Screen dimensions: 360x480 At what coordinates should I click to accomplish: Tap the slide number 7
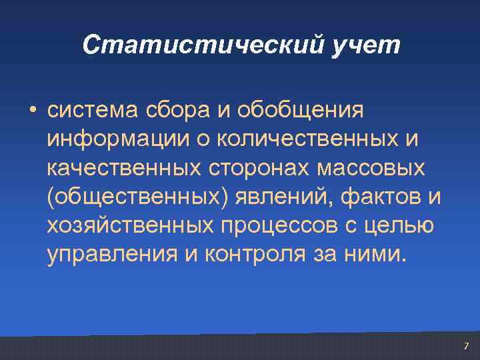coord(466,346)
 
